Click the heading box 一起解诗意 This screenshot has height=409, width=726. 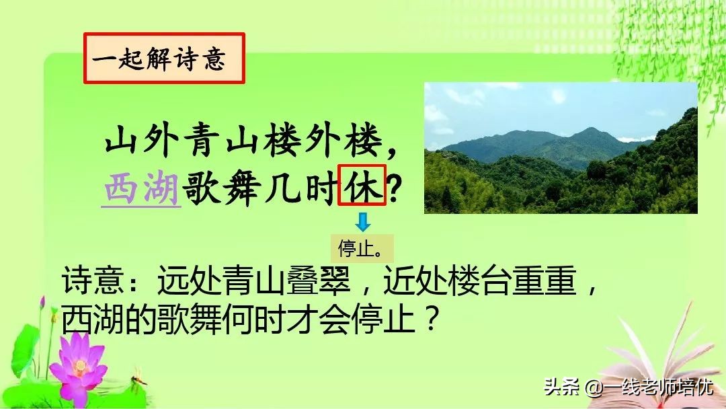pos(164,59)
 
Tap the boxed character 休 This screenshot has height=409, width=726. pos(364,185)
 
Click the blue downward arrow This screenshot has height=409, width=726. pos(363,223)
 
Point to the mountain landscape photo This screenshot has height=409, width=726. pos(561,148)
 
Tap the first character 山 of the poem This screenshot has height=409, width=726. pos(120,143)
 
